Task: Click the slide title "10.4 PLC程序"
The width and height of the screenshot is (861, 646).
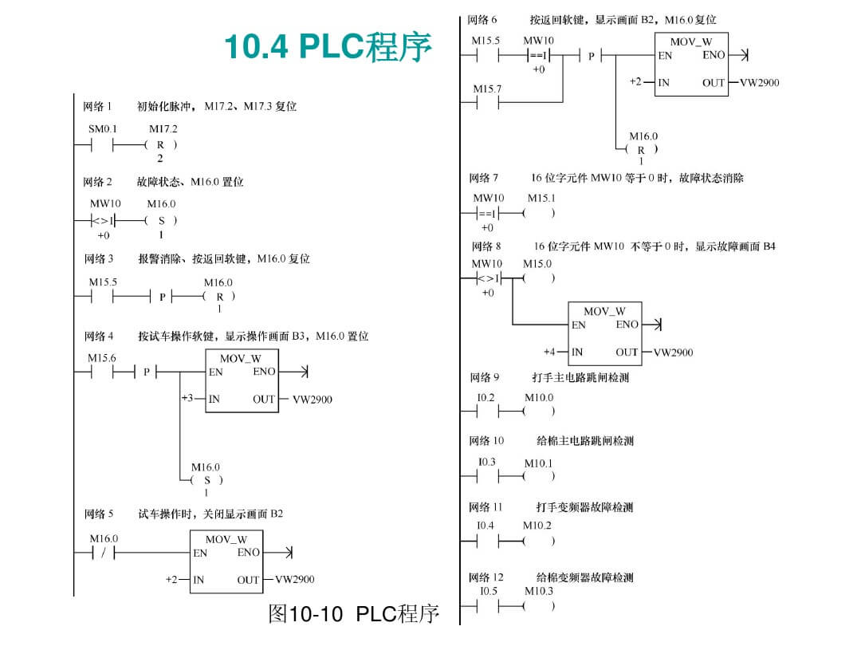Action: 328,47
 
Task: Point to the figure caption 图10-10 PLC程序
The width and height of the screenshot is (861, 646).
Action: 353,614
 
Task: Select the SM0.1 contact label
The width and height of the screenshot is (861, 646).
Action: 103,128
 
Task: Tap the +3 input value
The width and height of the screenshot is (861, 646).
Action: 187,398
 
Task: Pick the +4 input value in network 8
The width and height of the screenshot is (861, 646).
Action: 550,352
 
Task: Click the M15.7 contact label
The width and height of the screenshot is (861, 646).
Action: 487,89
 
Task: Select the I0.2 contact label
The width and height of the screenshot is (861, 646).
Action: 486,397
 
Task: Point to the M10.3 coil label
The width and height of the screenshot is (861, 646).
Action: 538,591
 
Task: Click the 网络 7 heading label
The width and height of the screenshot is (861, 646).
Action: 484,178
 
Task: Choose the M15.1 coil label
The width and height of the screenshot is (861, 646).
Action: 541,198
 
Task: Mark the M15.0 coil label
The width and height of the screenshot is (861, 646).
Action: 537,263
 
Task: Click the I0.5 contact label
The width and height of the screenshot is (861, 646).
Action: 488,591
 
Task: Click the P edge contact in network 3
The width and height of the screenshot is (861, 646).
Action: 162,297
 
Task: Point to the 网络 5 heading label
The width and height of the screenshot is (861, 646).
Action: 99,514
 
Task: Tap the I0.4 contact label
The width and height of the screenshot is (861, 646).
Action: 486,526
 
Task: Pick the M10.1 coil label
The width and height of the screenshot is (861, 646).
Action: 538,463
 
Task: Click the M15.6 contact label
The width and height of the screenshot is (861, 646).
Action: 102,358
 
